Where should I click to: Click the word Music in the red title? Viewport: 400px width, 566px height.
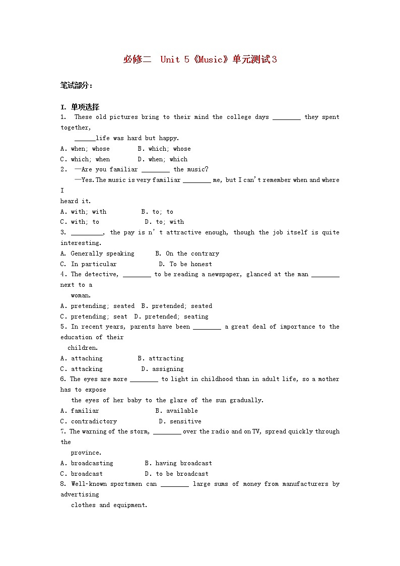point(211,59)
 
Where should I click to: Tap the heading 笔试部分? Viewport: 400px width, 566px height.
point(76,85)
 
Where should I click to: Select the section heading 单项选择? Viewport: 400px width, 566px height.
point(85,107)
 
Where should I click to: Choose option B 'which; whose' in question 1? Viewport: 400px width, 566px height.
point(164,149)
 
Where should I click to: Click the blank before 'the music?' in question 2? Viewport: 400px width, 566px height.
point(155,170)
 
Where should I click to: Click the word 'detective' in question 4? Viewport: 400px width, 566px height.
point(101,274)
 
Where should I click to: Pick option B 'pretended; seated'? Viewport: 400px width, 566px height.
point(177,306)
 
